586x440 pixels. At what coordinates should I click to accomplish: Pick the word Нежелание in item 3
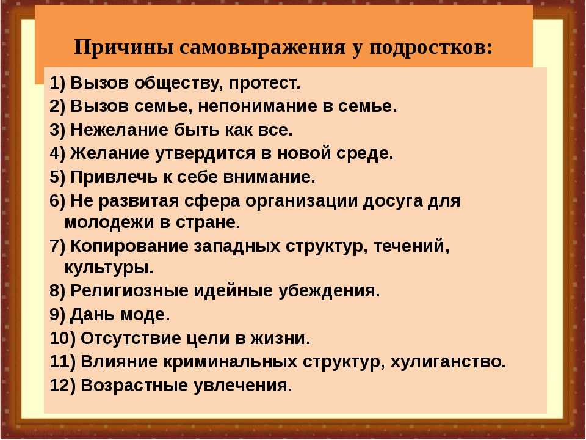click(x=120, y=130)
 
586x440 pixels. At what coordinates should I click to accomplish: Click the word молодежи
click(x=110, y=223)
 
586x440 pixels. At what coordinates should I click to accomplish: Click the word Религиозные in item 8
click(x=129, y=291)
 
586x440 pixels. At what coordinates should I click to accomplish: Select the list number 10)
click(x=62, y=339)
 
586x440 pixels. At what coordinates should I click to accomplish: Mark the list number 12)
click(x=62, y=386)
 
